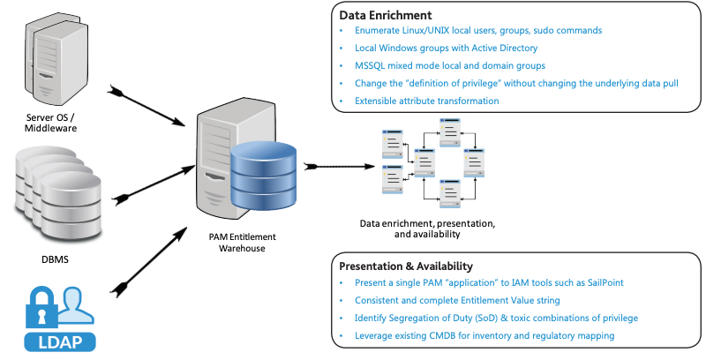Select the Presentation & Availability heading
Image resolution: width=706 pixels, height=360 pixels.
(x=406, y=266)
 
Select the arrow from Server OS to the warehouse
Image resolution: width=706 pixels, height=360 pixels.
(x=150, y=105)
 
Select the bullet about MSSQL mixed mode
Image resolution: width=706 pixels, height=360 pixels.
(x=450, y=65)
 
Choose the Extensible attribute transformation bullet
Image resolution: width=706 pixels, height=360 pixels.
(x=426, y=101)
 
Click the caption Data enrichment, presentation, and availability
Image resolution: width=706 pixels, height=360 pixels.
(x=426, y=229)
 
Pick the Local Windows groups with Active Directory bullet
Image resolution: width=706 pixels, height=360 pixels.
(x=446, y=48)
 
